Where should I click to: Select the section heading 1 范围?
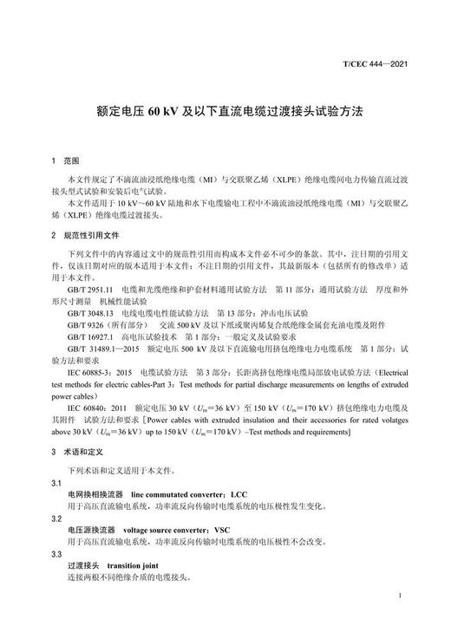[65, 161]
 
